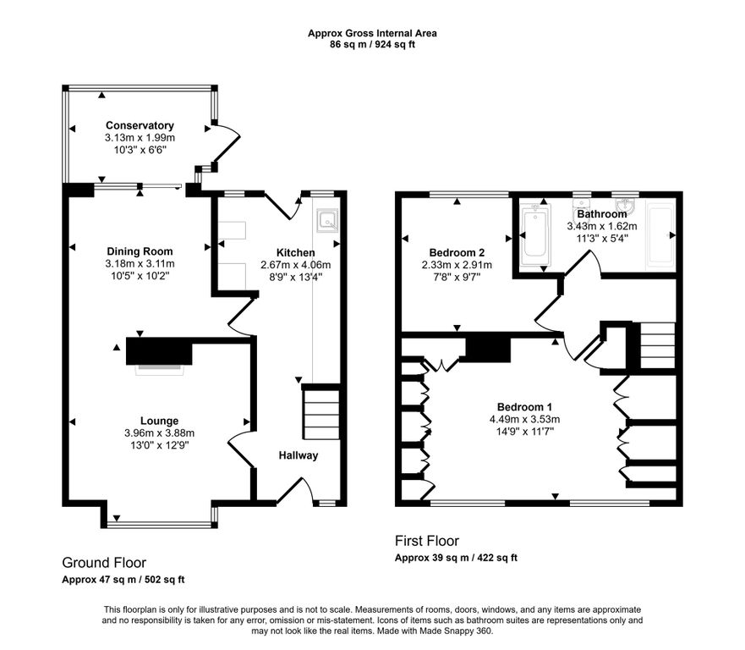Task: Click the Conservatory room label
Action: tap(140, 125)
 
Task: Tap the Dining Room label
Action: tap(140, 251)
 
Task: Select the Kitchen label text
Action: tap(295, 252)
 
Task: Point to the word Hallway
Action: tap(299, 455)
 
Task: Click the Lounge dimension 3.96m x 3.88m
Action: tap(159, 433)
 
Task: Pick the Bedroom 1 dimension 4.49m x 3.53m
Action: tap(524, 420)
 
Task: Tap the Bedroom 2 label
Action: tap(457, 252)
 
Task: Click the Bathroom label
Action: tap(602, 214)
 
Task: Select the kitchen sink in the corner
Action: tap(328, 220)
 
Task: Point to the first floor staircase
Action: tap(658, 345)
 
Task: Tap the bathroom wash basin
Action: tap(625, 206)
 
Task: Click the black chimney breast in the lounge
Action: tap(159, 351)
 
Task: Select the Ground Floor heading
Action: tap(104, 563)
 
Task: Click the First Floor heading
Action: tap(427, 541)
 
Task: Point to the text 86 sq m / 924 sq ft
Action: tap(372, 45)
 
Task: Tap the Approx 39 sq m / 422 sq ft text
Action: tap(456, 558)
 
